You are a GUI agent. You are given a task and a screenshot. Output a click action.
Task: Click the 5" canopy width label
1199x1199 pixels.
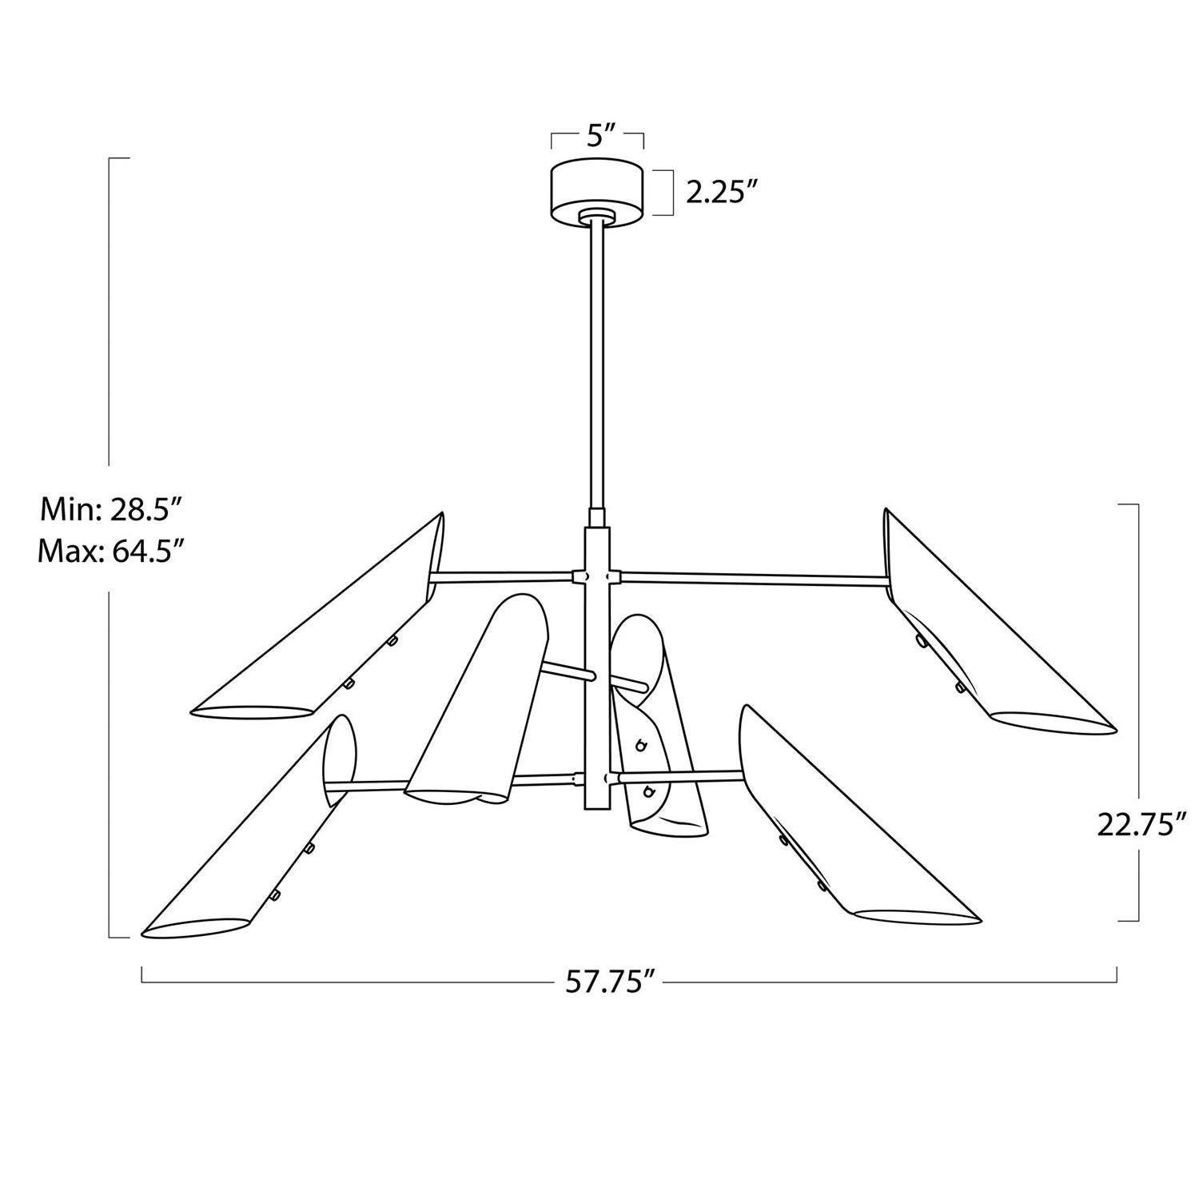[x=598, y=136]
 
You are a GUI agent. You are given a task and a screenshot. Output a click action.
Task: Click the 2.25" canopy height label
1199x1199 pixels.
[x=722, y=193]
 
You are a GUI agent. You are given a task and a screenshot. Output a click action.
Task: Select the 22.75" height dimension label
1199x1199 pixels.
[x=1141, y=824]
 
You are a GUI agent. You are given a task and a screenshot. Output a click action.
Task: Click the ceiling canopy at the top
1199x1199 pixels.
[x=598, y=190]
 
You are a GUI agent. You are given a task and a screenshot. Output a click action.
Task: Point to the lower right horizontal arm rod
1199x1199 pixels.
[x=679, y=775]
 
